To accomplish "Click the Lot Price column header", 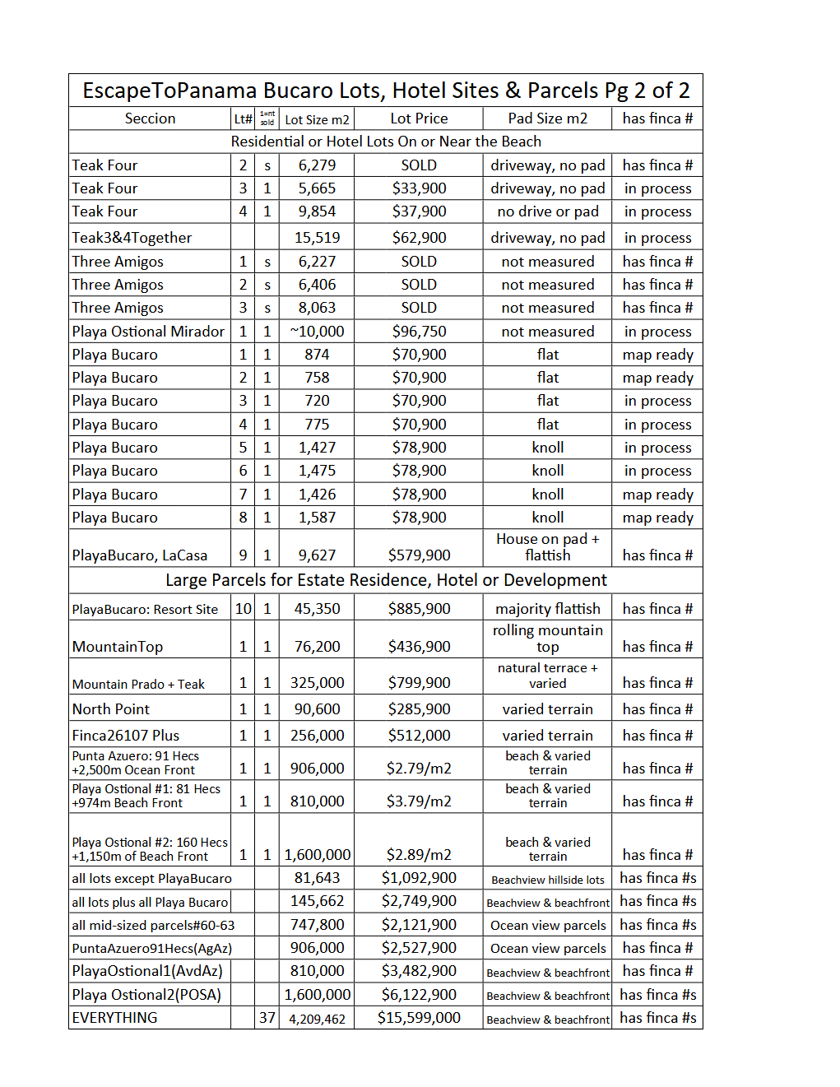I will [x=419, y=118].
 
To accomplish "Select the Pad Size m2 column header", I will [x=547, y=118].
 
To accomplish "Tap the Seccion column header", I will [x=150, y=118].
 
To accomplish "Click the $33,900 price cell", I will [x=419, y=188].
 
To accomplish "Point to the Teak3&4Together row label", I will [x=132, y=238].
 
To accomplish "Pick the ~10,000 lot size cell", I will [x=317, y=332].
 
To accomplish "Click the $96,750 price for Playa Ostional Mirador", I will [x=419, y=332].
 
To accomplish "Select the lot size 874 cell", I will [x=317, y=355].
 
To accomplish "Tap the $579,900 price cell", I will [x=419, y=555].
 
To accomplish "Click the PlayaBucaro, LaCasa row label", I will [x=139, y=555].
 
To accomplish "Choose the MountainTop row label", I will [x=117, y=647].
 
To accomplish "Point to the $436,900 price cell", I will [x=419, y=647].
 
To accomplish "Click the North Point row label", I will [x=110, y=709].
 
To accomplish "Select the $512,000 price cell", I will [x=419, y=736].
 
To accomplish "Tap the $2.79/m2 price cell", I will [x=419, y=769].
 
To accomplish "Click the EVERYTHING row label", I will [x=114, y=1018].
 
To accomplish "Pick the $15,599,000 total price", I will [x=419, y=1018].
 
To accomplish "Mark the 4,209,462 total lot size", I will [x=317, y=1019].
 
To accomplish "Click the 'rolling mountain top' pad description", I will [x=547, y=639].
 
